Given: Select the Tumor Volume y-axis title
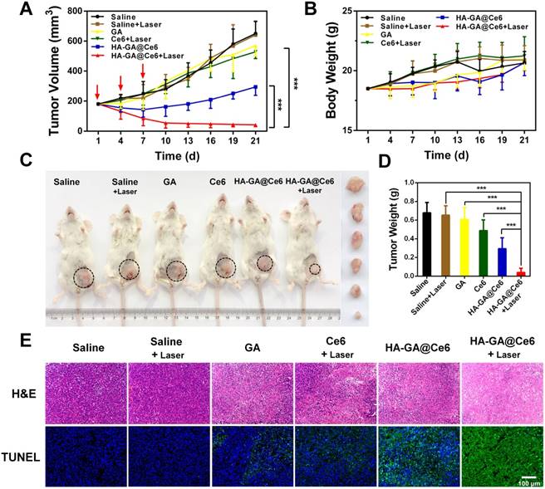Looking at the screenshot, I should [12, 71].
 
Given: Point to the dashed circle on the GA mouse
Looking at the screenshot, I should [176, 271].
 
